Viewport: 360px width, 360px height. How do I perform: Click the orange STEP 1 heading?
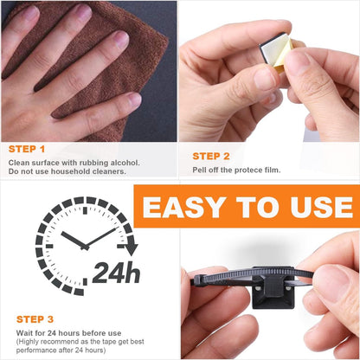(x=27, y=149)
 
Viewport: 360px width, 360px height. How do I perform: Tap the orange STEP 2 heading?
(x=211, y=157)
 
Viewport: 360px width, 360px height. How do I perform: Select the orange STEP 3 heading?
(x=35, y=319)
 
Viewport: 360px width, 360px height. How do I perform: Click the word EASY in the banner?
(x=184, y=207)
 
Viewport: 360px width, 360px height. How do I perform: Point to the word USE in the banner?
(x=322, y=207)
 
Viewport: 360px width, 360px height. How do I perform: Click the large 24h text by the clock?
(x=116, y=273)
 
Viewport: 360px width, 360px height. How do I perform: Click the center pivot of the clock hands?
(x=85, y=247)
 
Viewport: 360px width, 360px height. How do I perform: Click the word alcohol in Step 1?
(x=125, y=163)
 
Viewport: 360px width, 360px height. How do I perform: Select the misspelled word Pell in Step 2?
(x=199, y=170)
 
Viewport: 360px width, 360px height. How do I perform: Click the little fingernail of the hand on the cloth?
(x=135, y=100)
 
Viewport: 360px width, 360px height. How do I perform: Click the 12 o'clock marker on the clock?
(x=85, y=210)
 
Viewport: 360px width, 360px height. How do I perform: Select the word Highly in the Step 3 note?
(x=29, y=342)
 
